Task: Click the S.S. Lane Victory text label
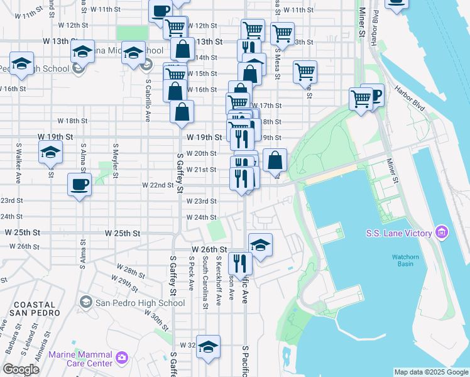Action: click(399, 233)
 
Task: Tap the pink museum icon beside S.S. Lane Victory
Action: click(441, 233)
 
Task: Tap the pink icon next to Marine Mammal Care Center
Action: click(121, 358)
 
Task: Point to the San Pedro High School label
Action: click(139, 303)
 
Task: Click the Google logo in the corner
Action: click(21, 369)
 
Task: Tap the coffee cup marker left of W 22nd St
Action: click(80, 185)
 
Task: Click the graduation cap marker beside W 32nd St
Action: click(208, 347)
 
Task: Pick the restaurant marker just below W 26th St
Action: click(241, 263)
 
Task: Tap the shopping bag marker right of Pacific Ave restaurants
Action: click(275, 160)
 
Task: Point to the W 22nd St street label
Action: click(158, 185)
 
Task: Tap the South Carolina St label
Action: click(205, 282)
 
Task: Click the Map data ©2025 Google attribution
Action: click(430, 372)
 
